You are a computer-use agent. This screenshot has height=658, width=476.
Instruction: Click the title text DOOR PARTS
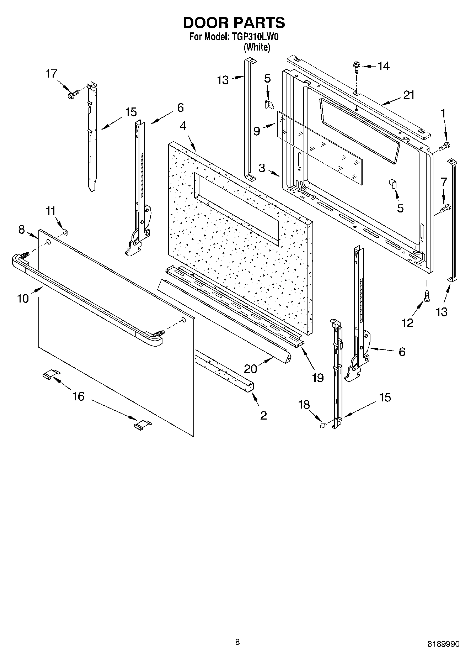pyautogui.click(x=234, y=22)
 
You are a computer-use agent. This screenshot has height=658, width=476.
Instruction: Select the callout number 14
pyautogui.click(x=383, y=66)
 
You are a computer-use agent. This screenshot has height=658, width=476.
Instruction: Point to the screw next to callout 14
pyautogui.click(x=356, y=66)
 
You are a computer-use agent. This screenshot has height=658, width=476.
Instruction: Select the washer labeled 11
pyautogui.click(x=65, y=232)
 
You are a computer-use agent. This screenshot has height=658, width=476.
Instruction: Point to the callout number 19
pyautogui.click(x=318, y=378)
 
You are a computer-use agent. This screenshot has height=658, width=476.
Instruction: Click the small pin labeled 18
pyautogui.click(x=323, y=424)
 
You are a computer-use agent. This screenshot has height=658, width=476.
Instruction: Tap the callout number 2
pyautogui.click(x=263, y=415)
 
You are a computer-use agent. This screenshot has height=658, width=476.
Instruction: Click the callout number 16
pyautogui.click(x=79, y=396)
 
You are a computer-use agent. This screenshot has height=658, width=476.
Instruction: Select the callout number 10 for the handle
pyautogui.click(x=23, y=298)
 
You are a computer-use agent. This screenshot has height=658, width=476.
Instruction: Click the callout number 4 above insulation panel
pyautogui.click(x=183, y=126)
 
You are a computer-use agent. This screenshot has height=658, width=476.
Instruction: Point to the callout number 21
pyautogui.click(x=409, y=95)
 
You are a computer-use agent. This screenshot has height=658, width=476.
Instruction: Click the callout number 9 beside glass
pyautogui.click(x=257, y=131)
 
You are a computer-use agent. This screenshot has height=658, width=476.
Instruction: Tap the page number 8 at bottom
pyautogui.click(x=237, y=642)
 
